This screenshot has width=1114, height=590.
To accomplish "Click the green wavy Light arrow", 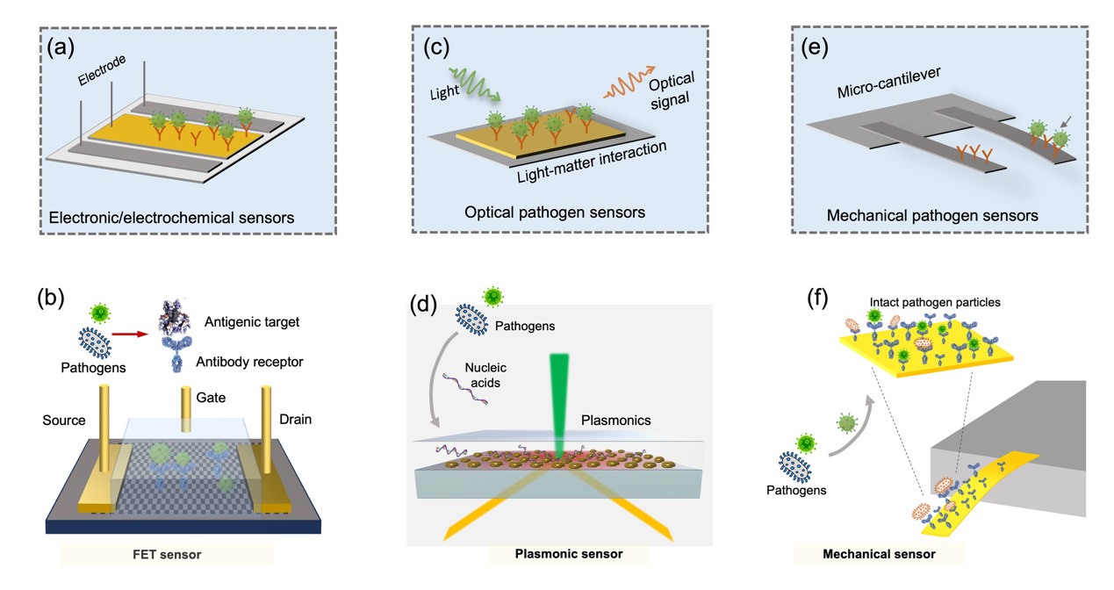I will [478, 83].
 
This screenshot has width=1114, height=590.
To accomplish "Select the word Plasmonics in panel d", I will [616, 421].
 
